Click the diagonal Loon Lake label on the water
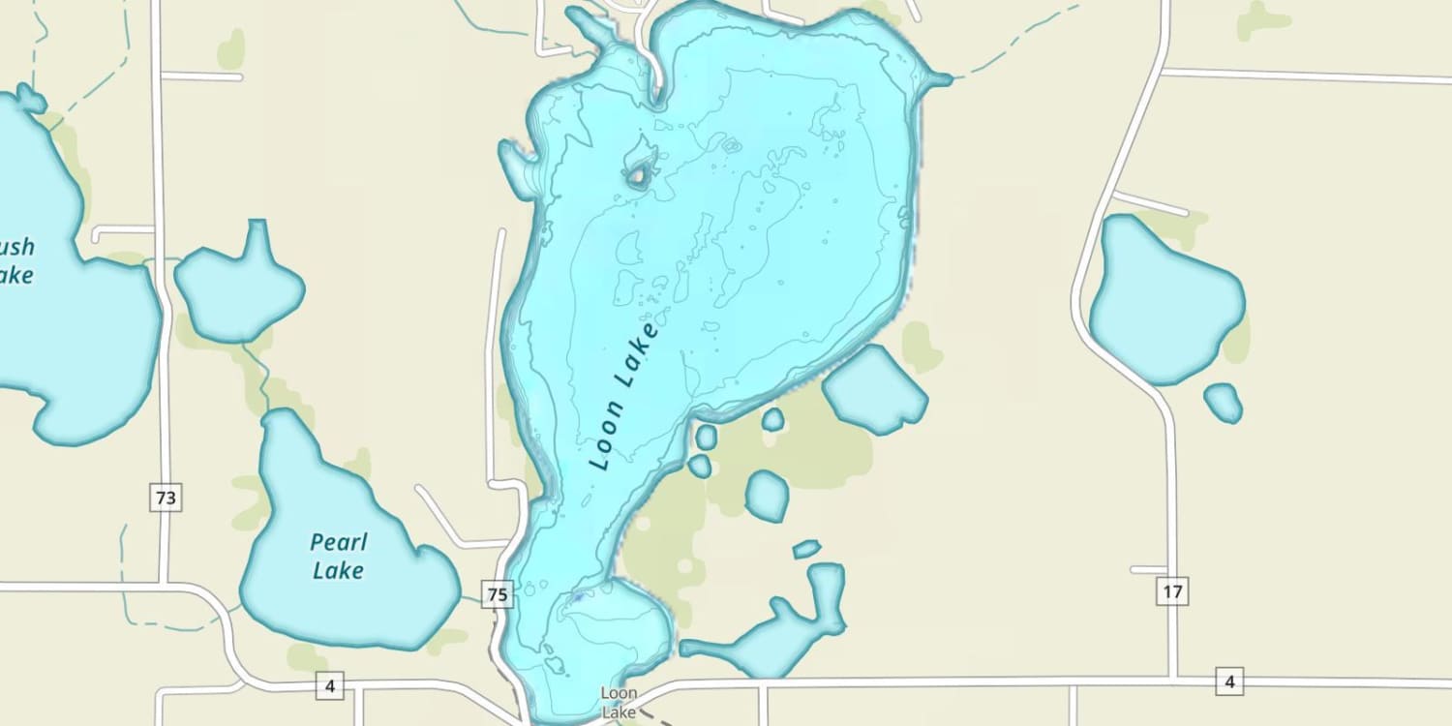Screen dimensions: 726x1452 [623, 397]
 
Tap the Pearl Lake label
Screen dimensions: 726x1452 [339, 556]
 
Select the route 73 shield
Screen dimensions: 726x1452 [166, 499]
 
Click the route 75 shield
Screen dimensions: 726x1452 [497, 594]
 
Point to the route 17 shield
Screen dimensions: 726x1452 [1172, 591]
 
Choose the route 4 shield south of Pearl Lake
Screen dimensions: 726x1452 [330, 686]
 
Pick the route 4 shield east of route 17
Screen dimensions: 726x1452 [1229, 682]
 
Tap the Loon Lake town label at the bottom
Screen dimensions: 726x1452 [619, 703]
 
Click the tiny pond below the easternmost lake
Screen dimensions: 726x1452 [1224, 402]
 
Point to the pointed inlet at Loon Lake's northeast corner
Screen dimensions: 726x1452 [937, 80]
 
